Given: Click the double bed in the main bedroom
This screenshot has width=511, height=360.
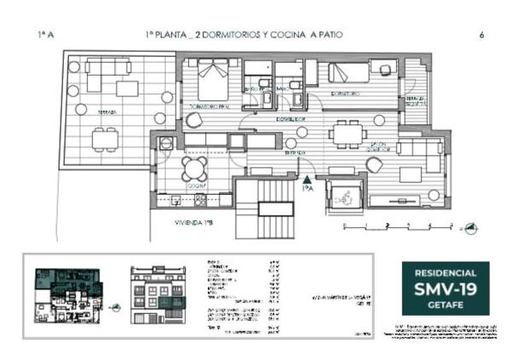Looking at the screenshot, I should (x=212, y=83).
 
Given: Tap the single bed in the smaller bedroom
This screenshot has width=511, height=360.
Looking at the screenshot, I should (x=349, y=73).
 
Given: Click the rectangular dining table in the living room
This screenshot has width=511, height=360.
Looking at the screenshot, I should (x=347, y=133).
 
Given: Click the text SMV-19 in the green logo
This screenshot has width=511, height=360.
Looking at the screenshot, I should (x=445, y=290).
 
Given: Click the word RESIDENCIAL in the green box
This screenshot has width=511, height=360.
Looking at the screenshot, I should (x=445, y=274).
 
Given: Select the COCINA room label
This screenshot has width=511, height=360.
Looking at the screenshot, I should (x=194, y=185).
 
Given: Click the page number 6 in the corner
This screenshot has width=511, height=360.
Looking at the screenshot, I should (x=482, y=35).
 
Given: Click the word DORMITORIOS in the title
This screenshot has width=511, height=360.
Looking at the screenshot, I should (x=223, y=35).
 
